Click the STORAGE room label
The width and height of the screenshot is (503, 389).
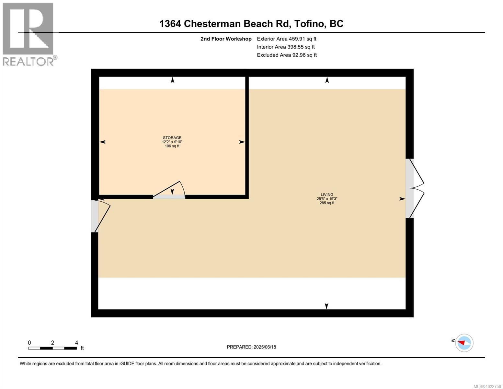click(x=172, y=138)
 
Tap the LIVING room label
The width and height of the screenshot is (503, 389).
click(x=327, y=194)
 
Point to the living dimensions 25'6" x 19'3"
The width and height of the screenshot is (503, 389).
click(x=327, y=199)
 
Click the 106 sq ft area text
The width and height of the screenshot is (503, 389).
click(x=172, y=146)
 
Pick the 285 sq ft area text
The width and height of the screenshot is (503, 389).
click(x=327, y=203)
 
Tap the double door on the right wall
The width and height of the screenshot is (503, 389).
click(x=415, y=188)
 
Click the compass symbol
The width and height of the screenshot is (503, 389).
click(x=464, y=343)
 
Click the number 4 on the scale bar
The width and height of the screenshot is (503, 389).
click(x=76, y=343)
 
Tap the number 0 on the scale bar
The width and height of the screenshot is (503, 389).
click(x=29, y=343)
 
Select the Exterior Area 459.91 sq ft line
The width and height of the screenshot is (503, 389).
click(x=286, y=39)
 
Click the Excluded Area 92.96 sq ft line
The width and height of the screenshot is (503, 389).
click(x=287, y=55)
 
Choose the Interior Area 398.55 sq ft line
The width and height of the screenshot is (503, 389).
click(x=286, y=47)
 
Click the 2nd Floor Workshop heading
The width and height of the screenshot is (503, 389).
click(x=226, y=39)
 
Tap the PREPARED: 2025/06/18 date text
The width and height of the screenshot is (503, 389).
click(x=251, y=347)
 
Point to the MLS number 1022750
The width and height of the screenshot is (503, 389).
click(x=487, y=386)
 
